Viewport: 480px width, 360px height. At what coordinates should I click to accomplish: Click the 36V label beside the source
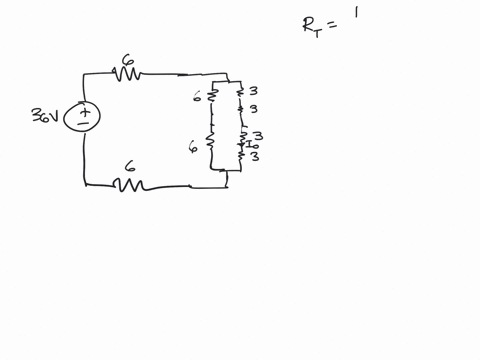click(x=45, y=117)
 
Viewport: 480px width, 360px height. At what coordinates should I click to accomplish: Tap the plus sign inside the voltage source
click(x=84, y=111)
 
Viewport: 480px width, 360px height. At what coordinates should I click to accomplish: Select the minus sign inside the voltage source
click(x=84, y=125)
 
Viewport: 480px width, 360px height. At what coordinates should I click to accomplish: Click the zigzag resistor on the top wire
click(x=127, y=74)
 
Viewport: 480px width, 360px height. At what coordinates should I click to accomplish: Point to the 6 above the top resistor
click(x=127, y=60)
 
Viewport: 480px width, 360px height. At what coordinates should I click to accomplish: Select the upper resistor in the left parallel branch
click(x=211, y=97)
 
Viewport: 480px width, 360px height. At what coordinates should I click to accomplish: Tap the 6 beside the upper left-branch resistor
click(x=198, y=97)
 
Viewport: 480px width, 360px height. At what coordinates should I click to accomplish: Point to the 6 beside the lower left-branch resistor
click(x=193, y=146)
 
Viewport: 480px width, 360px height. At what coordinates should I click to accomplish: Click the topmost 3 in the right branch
click(x=253, y=91)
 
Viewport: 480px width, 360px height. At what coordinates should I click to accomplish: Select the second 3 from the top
click(x=253, y=108)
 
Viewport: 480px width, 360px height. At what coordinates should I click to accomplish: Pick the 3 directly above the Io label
click(x=258, y=135)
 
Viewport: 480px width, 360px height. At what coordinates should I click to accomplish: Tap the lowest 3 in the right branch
click(x=256, y=157)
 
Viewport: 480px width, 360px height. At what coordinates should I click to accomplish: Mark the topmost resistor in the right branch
click(x=241, y=92)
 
